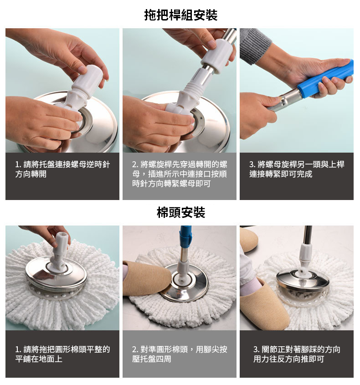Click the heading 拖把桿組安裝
click(x=180, y=15)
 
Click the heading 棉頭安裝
click(x=181, y=212)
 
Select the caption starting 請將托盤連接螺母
click(x=62, y=169)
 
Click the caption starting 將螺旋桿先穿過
click(x=180, y=174)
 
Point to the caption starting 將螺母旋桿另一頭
click(x=297, y=169)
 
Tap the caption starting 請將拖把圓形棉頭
click(x=62, y=354)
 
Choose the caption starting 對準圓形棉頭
click(x=180, y=354)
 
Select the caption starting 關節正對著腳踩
click(x=297, y=354)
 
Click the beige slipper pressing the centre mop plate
click(x=146, y=279)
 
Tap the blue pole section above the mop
click(x=185, y=236)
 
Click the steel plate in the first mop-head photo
click(x=56, y=274)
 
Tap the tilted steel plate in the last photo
click(x=303, y=279)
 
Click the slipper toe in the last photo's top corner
click(x=248, y=239)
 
